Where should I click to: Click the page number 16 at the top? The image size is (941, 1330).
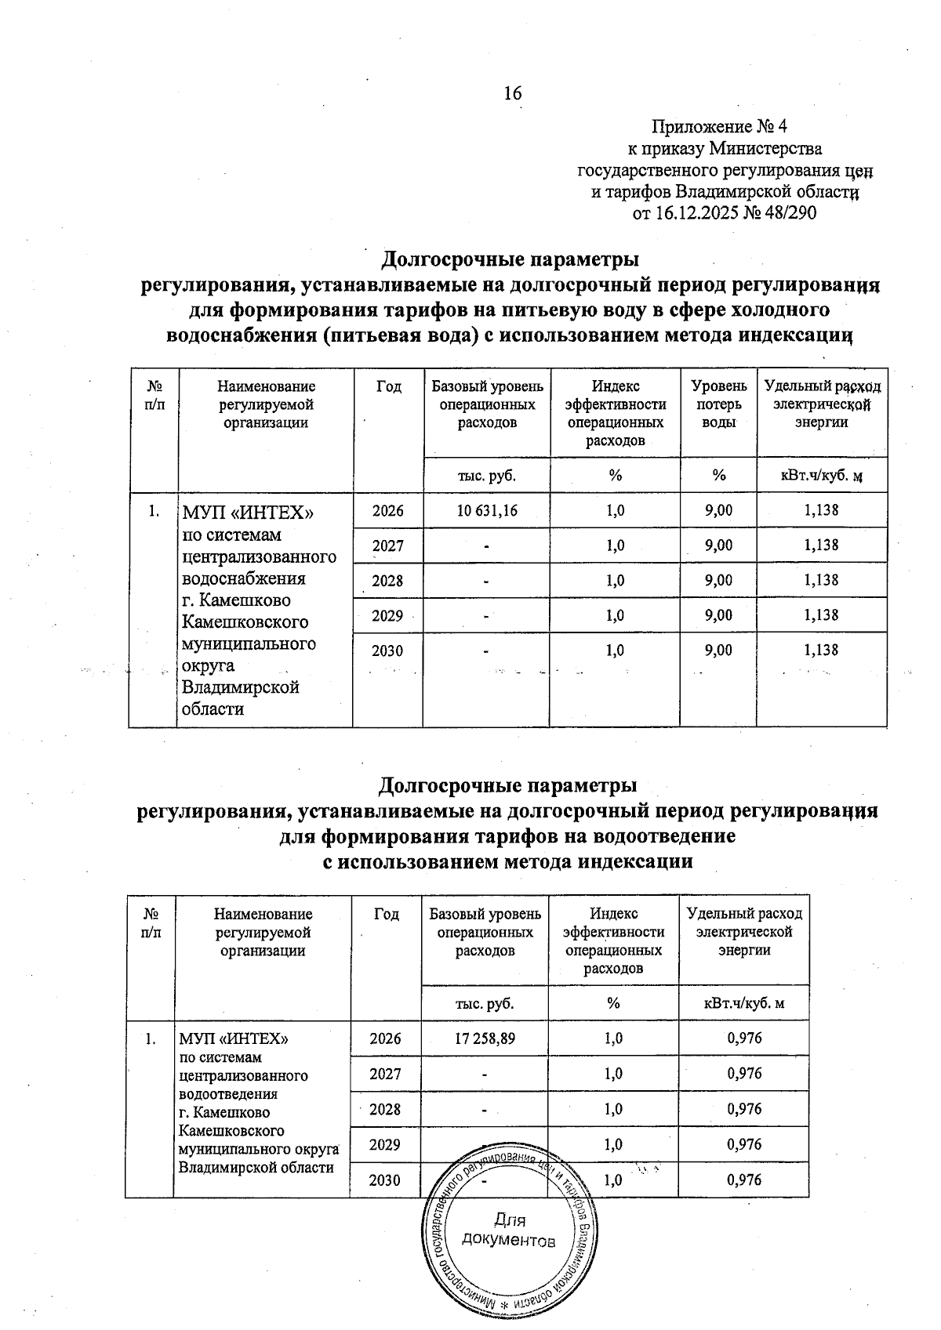(x=512, y=93)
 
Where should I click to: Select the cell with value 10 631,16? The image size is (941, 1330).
(x=486, y=510)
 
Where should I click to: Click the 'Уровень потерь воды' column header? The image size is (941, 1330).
(x=718, y=404)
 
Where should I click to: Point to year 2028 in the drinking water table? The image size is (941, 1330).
(x=387, y=580)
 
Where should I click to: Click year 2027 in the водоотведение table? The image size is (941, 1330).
(x=386, y=1073)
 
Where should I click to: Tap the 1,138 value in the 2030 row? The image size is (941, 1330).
(x=821, y=650)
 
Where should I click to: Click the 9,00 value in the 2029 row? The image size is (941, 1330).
(x=718, y=615)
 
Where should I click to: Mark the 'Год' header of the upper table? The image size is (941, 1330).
(x=388, y=386)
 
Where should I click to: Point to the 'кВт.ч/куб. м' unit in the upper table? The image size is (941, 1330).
(x=821, y=475)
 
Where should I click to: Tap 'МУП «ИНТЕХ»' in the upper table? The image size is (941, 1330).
(x=248, y=513)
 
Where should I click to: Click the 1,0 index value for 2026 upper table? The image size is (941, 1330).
(x=616, y=510)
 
